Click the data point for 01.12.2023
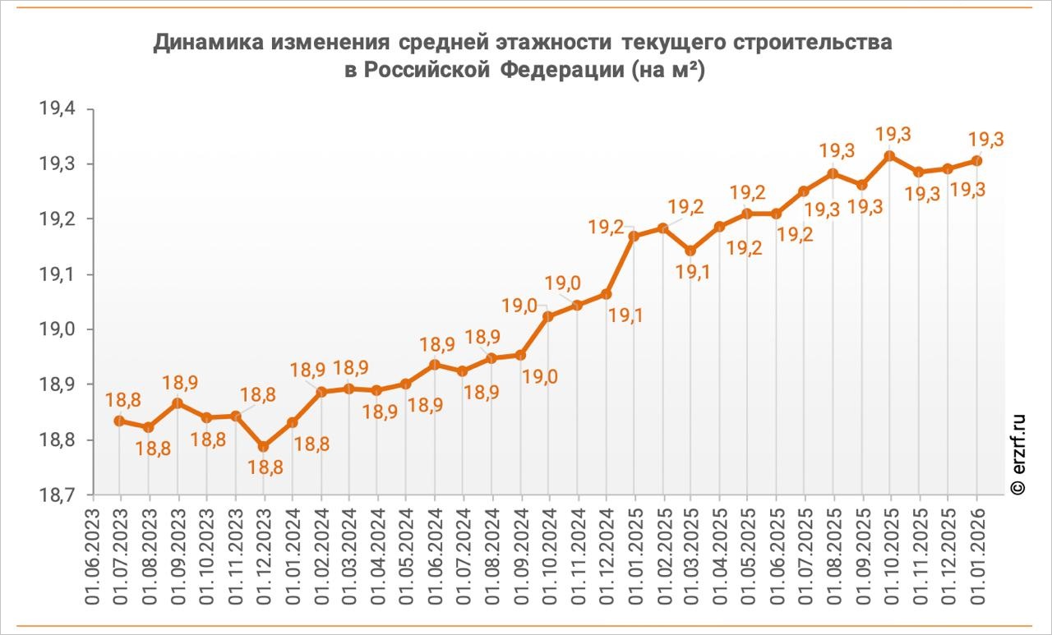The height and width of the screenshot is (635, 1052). click(x=263, y=446)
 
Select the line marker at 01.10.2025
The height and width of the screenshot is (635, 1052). click(x=890, y=155)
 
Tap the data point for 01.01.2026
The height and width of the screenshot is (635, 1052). click(x=976, y=160)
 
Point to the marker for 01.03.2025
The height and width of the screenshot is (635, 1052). click(x=690, y=251)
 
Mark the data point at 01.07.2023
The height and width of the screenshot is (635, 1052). click(x=120, y=421)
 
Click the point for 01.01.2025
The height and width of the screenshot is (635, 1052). click(x=634, y=236)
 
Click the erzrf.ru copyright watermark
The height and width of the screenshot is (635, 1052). click(x=1018, y=453)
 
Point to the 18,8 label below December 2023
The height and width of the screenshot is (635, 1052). click(x=263, y=468)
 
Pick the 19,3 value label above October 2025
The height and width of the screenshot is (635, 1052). click(x=893, y=134)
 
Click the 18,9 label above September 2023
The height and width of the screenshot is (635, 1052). click(x=180, y=383)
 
